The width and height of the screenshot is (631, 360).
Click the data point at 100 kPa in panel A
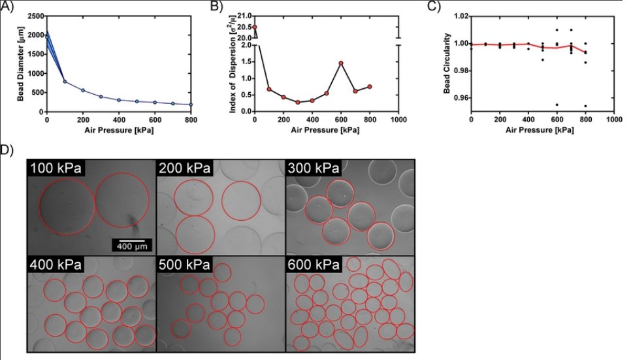tap(65, 81)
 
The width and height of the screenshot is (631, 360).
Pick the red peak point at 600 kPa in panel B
tap(341, 63)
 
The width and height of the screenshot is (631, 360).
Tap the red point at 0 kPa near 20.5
tap(255, 27)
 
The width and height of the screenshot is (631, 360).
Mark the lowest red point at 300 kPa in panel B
tap(298, 102)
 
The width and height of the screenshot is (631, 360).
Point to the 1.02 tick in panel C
tap(461, 16)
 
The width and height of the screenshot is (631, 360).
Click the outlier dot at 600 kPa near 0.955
tap(557, 105)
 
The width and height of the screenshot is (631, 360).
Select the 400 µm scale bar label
tap(135, 246)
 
